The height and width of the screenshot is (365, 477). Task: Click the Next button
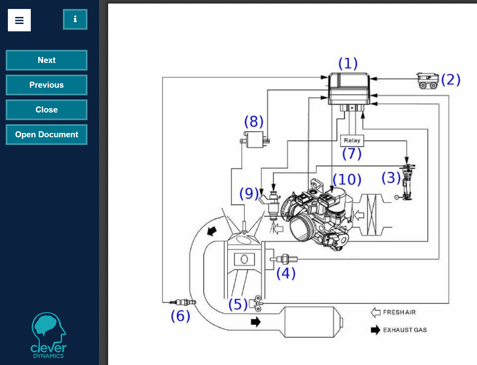pyautogui.click(x=47, y=60)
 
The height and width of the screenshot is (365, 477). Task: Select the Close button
pyautogui.click(x=47, y=110)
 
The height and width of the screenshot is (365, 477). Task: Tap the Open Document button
pyautogui.click(x=47, y=135)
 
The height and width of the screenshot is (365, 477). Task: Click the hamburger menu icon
pyautogui.click(x=19, y=20)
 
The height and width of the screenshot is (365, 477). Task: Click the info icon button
pyautogui.click(x=75, y=19)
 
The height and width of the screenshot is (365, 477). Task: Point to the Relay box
pyautogui.click(x=352, y=141)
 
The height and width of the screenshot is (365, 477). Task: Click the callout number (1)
pyautogui.click(x=348, y=63)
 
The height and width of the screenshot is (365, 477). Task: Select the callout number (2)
pyautogui.click(x=451, y=80)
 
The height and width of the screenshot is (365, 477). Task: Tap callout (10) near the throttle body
pyautogui.click(x=347, y=180)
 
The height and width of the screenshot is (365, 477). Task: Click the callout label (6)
pyautogui.click(x=180, y=316)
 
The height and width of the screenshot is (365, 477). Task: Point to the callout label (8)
pyautogui.click(x=254, y=121)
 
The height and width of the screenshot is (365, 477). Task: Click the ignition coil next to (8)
pyautogui.click(x=255, y=139)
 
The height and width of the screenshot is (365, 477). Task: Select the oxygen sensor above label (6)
pyautogui.click(x=183, y=302)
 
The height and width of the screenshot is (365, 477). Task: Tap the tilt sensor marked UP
pyautogui.click(x=428, y=81)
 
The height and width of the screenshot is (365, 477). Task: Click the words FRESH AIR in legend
pyautogui.click(x=399, y=312)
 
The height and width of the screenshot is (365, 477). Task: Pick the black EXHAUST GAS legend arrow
pyautogui.click(x=375, y=330)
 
